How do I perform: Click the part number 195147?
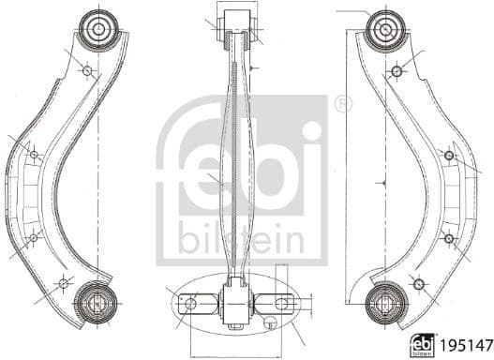(x=466, y=345)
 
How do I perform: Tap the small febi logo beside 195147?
(x=422, y=346)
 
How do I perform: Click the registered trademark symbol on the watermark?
(x=343, y=104)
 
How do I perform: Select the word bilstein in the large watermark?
(x=241, y=238)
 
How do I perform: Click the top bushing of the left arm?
(x=98, y=30)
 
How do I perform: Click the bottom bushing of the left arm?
(x=97, y=303)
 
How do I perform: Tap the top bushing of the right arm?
(x=384, y=30)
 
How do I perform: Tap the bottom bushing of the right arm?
(x=386, y=304)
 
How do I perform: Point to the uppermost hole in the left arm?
(x=87, y=71)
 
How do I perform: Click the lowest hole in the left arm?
(x=64, y=283)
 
